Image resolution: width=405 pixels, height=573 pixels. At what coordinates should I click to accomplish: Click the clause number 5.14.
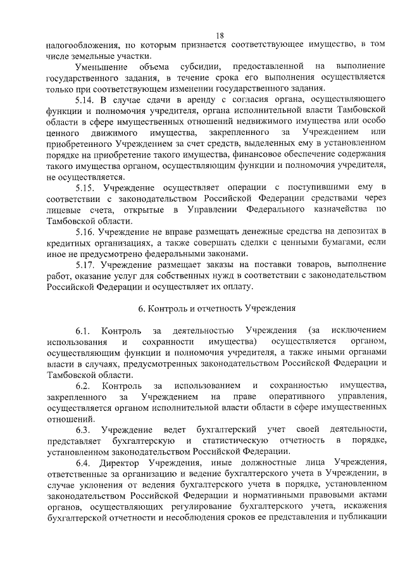pos(84,100)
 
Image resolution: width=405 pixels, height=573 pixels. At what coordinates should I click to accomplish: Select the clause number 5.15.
pos(84,188)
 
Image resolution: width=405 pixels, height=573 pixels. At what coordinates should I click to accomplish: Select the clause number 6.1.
pos(82,331)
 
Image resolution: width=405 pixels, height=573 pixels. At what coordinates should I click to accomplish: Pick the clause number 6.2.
pos(82,386)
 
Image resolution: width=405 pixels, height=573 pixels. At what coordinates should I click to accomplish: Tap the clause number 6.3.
pos(82,430)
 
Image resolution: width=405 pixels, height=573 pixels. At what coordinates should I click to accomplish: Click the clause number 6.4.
pos(82,463)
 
